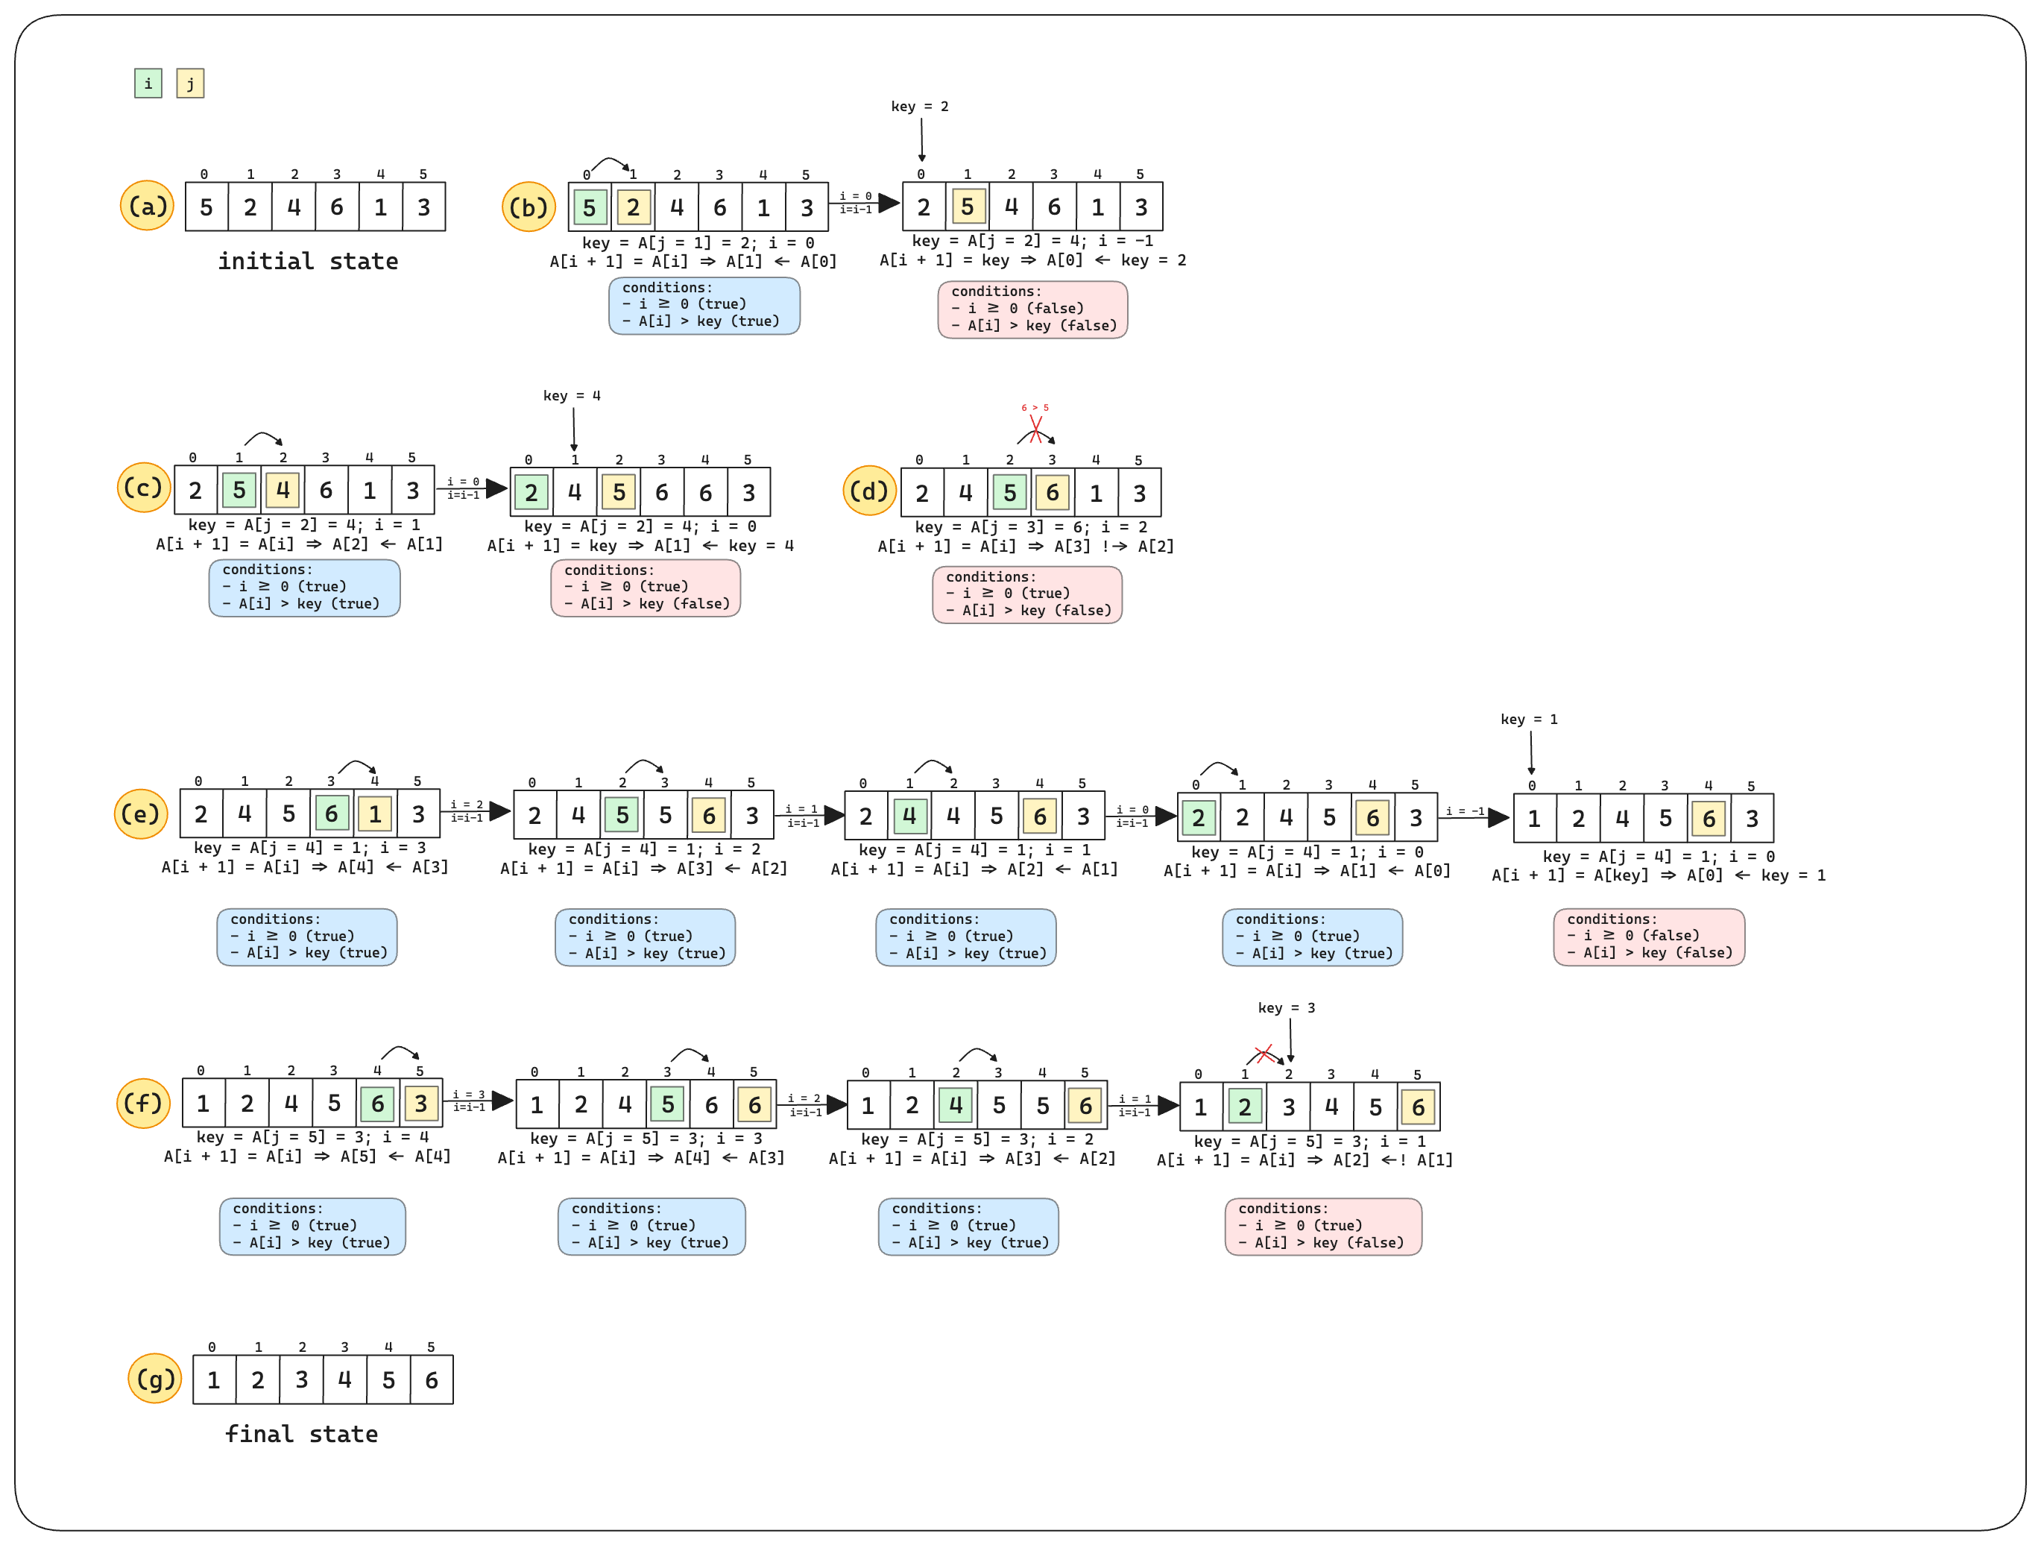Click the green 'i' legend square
coord(148,83)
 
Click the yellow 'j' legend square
coord(190,83)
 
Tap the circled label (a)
coord(147,206)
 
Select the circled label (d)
coord(869,491)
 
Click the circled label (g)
coord(155,1379)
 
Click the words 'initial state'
coord(308,261)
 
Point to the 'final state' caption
coord(302,1434)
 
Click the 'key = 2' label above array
coord(919,106)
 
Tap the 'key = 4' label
coord(571,396)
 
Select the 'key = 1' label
coord(1529,719)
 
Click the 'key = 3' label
coord(1286,1008)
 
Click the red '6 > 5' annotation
coord(1035,407)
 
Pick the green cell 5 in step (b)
coord(590,207)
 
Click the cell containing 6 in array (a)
coord(337,207)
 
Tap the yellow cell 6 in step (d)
coord(1053,493)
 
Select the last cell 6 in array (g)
coord(431,1379)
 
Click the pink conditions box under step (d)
coord(1027,594)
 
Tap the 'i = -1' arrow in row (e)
coord(1473,816)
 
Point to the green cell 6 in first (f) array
coord(377,1103)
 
